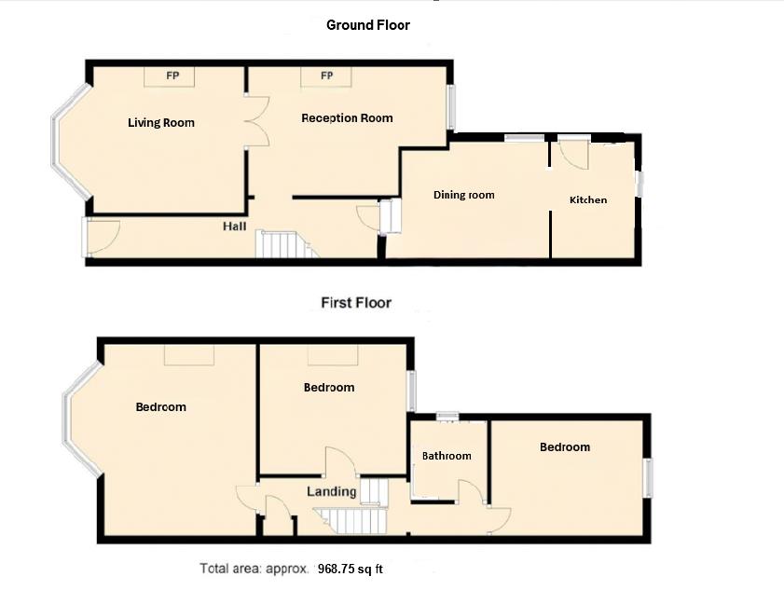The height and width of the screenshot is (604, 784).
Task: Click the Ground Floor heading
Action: tap(368, 25)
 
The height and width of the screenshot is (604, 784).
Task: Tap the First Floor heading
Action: tap(356, 303)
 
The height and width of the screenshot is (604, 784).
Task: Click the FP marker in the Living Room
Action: tap(172, 76)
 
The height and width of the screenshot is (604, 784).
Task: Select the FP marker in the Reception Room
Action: tap(326, 75)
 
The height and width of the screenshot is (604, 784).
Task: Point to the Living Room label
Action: tap(161, 122)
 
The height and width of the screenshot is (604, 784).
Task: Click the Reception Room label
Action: tap(347, 118)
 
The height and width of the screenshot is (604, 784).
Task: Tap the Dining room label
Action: tap(464, 195)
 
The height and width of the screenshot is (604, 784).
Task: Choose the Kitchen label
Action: tap(588, 200)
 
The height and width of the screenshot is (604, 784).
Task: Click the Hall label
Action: tap(235, 226)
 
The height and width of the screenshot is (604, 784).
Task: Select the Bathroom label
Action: tap(447, 456)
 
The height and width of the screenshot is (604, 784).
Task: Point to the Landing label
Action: tap(332, 491)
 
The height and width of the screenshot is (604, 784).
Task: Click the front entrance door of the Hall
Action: tap(102, 237)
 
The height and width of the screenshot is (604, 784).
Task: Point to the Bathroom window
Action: tap(447, 416)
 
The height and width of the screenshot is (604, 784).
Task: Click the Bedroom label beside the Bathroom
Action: tap(565, 447)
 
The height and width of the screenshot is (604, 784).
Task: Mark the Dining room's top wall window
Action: tap(524, 138)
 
